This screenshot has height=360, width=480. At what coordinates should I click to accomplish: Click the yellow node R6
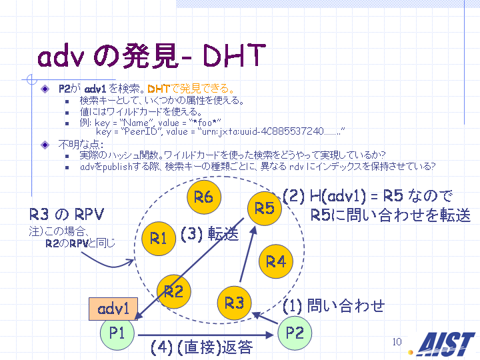204,197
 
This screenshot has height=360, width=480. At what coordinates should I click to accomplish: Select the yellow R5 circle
265,209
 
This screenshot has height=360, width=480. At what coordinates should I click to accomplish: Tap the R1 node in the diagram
159,239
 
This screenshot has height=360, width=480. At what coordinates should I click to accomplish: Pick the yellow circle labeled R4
276,261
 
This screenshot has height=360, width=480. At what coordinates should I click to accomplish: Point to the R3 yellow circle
234,303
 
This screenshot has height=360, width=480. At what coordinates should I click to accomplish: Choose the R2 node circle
173,291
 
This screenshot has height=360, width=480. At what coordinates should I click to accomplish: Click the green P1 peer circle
117,333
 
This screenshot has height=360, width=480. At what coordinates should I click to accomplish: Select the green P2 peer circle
295,333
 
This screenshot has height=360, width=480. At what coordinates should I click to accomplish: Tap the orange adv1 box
113,309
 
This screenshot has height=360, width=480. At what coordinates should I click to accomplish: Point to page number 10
397,341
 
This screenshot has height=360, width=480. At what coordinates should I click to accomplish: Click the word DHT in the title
233,56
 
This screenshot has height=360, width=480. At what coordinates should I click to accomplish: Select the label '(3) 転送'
210,234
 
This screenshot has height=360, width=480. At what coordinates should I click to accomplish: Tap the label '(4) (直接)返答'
202,347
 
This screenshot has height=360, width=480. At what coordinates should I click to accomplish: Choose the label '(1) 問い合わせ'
333,306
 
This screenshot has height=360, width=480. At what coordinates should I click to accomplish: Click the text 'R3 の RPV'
67,214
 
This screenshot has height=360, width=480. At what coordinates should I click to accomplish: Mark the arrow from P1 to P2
206,335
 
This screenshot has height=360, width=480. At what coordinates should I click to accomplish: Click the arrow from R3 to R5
247,254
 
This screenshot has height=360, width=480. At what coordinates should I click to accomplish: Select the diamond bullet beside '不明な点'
45,145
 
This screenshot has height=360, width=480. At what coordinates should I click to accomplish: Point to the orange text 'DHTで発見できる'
191,89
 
